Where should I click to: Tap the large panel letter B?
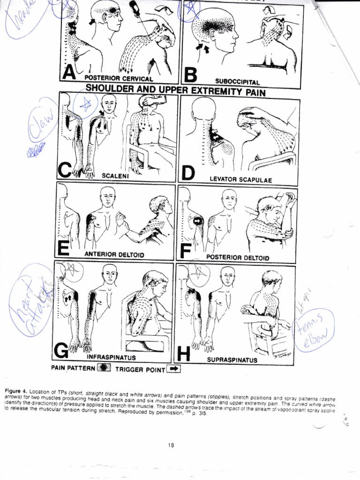(x=191, y=75)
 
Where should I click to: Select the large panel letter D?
(x=188, y=172)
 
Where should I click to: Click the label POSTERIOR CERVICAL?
(x=119, y=78)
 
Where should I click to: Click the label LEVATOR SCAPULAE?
(x=241, y=180)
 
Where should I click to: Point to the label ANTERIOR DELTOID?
(x=114, y=254)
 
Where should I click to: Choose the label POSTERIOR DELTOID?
(x=238, y=257)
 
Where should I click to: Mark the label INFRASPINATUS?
(x=111, y=358)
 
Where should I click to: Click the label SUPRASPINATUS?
(x=232, y=360)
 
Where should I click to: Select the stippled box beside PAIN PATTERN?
(x=103, y=368)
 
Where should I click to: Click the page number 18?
(x=171, y=445)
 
